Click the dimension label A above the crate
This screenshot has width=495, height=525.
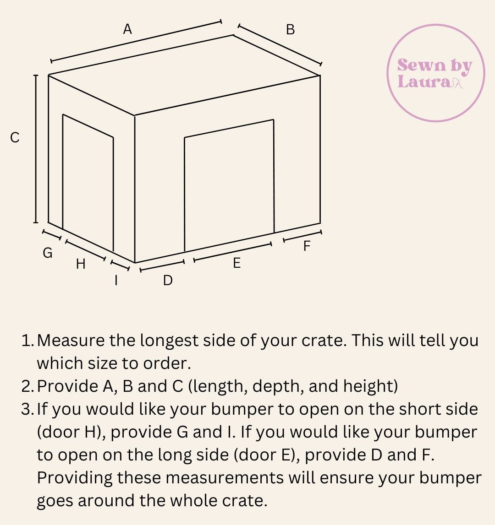point(127,29)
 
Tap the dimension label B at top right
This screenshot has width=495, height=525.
point(291,30)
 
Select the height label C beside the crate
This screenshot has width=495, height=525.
point(15,138)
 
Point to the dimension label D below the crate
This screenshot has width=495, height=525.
point(168,280)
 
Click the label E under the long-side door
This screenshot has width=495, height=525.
point(237,263)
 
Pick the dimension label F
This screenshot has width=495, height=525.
point(307,246)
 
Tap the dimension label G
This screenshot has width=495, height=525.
point(48,253)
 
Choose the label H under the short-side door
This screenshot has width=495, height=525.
point(81,264)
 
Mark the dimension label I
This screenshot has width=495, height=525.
point(116,280)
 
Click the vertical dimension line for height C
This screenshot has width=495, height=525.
point(36,149)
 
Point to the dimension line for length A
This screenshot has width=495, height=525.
point(136,41)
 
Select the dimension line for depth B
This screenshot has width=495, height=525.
point(280,44)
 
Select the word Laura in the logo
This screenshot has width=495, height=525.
point(424,81)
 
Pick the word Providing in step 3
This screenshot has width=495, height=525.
point(74,478)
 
